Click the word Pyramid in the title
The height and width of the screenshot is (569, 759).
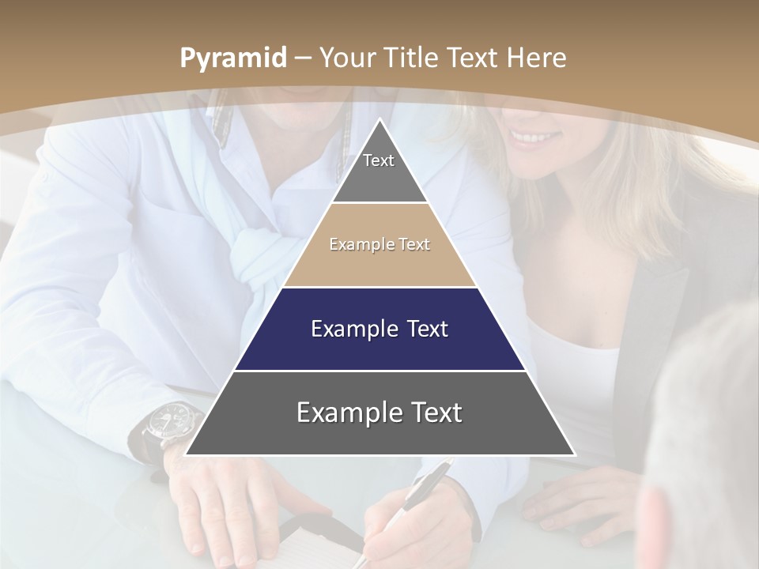(233, 58)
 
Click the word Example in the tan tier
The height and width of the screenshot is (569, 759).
(353, 244)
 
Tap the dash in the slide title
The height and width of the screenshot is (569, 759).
(304, 58)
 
